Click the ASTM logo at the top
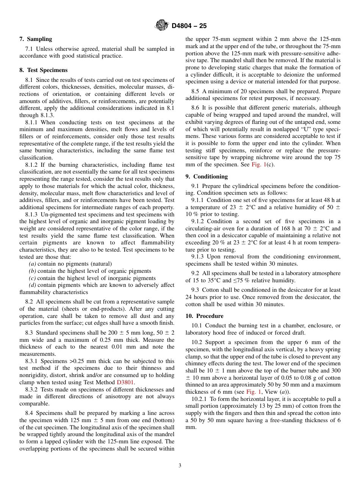pos(162,25)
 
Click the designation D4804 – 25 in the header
pos(189,26)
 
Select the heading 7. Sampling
pos(36,39)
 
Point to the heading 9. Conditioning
pos(207,177)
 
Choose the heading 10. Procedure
pos(204,316)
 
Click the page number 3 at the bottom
pos(180,465)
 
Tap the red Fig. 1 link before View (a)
pos(254,392)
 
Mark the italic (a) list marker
pos(33,264)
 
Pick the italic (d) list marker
pos(33,285)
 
